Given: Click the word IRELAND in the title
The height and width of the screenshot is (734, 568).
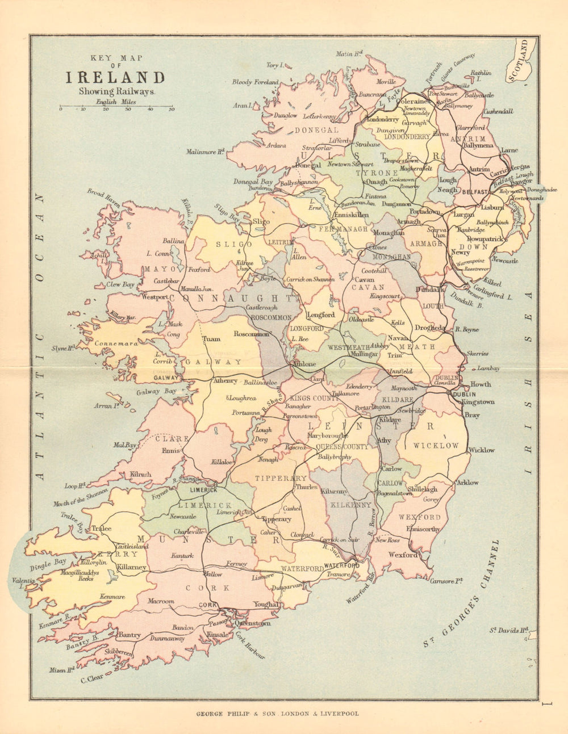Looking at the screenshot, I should coord(115,78).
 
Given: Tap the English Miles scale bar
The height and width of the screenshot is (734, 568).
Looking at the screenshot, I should coord(116,106).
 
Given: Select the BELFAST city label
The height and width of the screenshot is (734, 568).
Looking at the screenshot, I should coord(475,192).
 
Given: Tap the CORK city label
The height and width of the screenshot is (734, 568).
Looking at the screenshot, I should coord(208,606).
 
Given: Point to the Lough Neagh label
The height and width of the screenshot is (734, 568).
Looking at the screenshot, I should coord(448,184).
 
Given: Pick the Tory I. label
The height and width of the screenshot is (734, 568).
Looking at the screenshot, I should coord(273,65).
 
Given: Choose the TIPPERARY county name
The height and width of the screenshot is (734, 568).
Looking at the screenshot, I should coord(281,479).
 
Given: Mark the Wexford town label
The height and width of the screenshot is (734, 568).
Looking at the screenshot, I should coord(403,555).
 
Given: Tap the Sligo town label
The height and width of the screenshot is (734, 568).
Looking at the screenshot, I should coord(261,221).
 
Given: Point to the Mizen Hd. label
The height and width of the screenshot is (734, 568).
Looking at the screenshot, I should coord(62,670).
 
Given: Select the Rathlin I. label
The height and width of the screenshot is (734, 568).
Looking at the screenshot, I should coord(481,76).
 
